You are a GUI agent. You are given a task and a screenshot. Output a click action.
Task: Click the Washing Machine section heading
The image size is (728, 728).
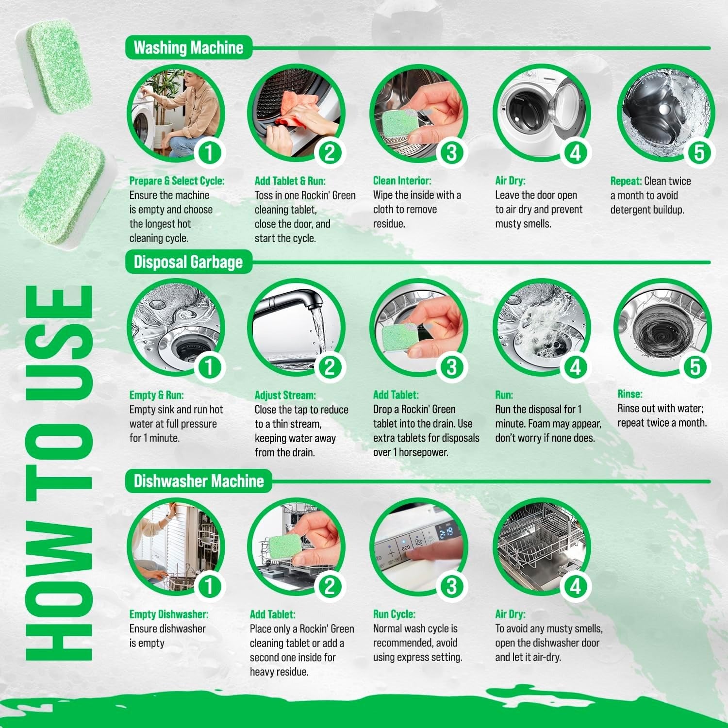[x=188, y=48]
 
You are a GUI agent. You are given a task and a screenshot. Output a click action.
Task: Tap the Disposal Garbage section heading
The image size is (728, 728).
[x=188, y=262]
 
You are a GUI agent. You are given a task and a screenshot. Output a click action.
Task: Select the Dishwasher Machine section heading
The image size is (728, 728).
[x=199, y=481]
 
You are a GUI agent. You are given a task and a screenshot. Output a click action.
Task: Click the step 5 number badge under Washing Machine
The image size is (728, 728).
[x=698, y=153]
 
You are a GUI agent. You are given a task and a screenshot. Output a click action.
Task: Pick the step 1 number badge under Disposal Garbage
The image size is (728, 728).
[x=209, y=367]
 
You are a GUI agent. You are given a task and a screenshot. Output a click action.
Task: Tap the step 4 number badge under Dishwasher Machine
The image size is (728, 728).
[x=575, y=586]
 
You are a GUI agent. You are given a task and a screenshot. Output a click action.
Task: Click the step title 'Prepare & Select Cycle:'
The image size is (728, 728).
[x=177, y=181]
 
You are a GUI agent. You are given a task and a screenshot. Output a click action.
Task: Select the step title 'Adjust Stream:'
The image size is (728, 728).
[x=285, y=396]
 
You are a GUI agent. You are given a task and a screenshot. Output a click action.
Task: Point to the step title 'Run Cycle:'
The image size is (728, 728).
[x=394, y=614]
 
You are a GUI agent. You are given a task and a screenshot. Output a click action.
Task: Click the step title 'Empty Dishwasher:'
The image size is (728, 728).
[x=168, y=614]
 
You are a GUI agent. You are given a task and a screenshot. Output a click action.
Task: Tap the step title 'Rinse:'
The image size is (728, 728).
[x=629, y=394]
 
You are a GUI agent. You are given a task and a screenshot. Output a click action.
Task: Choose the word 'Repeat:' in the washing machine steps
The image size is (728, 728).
[x=626, y=181]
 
